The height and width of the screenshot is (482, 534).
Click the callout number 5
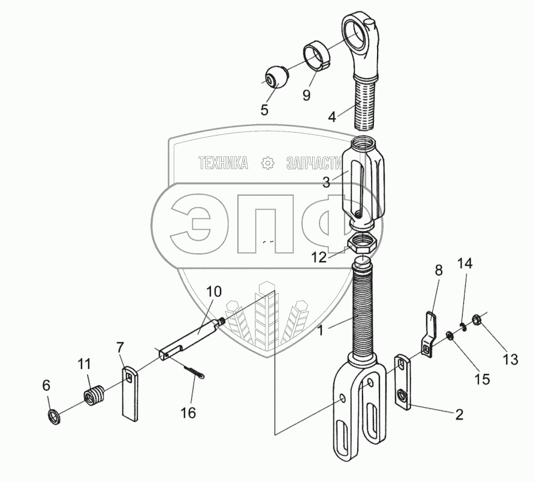[264, 109]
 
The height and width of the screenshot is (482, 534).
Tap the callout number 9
[306, 95]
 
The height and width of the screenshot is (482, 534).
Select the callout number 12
[319, 257]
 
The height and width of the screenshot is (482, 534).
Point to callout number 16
[188, 413]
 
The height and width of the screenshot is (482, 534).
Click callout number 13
[510, 359]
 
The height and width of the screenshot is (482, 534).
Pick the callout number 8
[439, 270]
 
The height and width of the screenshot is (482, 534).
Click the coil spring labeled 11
[94, 395]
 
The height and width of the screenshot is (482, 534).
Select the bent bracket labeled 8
[430, 334]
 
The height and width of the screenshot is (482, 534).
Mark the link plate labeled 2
[403, 382]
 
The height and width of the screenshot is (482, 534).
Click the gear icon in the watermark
[268, 163]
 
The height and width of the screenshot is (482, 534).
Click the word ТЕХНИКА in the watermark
[224, 163]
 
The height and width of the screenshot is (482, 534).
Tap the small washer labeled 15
[449, 336]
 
